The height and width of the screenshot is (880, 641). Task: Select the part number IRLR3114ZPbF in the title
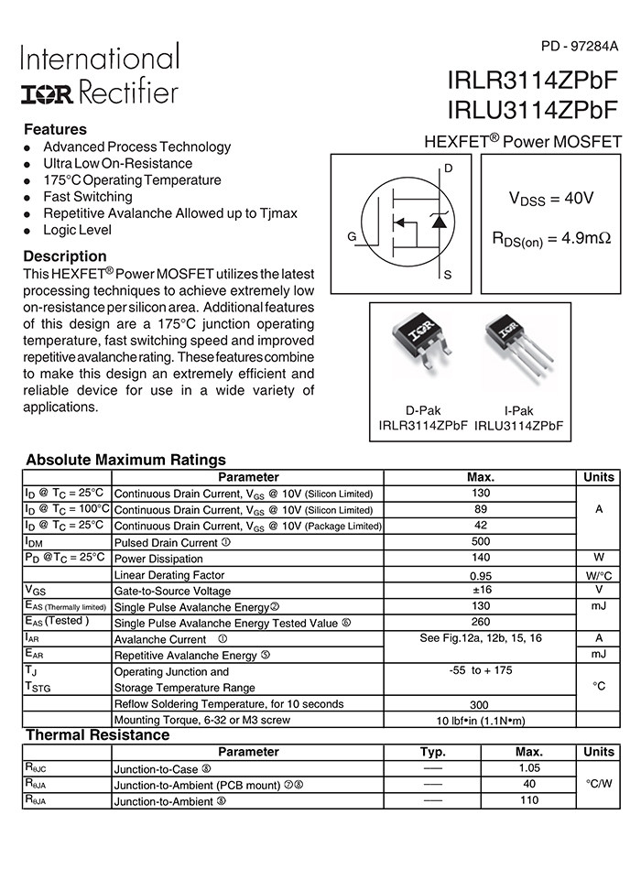coord(532,81)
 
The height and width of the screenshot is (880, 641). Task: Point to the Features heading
coord(55,129)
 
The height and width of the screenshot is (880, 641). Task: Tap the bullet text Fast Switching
coord(88,197)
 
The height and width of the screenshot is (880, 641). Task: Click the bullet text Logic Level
coord(78,230)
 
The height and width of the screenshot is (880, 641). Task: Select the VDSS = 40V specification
coord(551,199)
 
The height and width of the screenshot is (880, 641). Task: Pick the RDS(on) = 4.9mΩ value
coord(551,239)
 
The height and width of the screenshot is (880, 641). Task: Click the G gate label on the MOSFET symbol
coord(352,237)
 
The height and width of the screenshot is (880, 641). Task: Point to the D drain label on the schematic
coord(448,168)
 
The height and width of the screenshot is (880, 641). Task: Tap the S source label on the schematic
coord(448,275)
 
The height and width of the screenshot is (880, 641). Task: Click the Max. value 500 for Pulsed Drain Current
coord(479,541)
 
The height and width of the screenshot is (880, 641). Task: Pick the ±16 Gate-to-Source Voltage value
coord(479,590)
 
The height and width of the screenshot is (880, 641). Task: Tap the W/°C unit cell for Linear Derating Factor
coord(599,575)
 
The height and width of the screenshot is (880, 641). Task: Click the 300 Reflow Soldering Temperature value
coord(479,704)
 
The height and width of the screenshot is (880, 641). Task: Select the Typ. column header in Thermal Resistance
coord(433,752)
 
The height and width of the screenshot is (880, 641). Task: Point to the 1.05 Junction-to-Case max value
coord(529,768)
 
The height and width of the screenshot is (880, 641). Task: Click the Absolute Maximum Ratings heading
coord(125,460)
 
